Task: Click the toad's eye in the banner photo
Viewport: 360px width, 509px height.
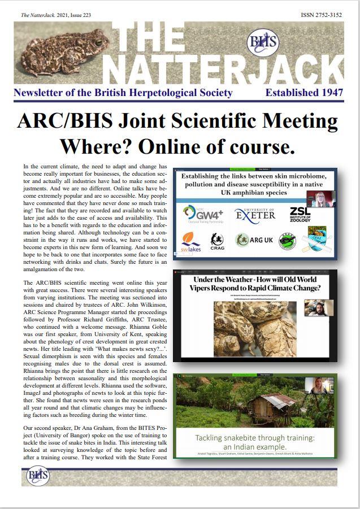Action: tap(98, 42)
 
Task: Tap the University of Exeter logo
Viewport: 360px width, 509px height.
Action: tap(255, 215)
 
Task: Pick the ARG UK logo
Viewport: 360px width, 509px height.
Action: tap(254, 240)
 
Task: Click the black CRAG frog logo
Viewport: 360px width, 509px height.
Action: tap(217, 240)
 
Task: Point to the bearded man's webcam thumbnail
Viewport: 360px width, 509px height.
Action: tap(319, 308)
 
